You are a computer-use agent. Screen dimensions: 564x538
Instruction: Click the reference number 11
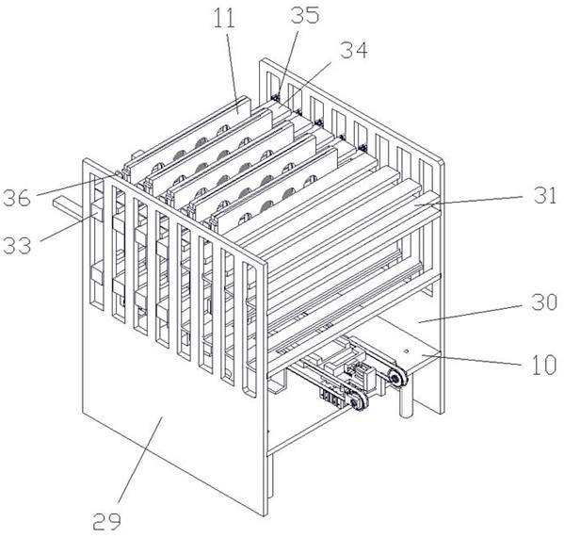click(224, 18)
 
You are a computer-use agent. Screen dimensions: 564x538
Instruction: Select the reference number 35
click(305, 15)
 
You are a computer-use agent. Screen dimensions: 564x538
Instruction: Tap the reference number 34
click(354, 50)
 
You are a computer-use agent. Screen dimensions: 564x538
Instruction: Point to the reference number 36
click(17, 198)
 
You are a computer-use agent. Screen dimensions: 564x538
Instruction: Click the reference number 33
click(17, 246)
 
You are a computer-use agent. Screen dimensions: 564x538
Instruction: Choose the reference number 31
click(545, 195)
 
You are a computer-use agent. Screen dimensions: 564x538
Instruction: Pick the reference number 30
click(544, 302)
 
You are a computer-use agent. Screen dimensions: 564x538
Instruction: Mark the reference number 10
click(544, 365)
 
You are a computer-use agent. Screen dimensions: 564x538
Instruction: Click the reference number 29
click(106, 520)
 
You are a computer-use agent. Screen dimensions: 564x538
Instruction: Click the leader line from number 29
click(140, 459)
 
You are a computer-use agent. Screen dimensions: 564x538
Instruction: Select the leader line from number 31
click(468, 200)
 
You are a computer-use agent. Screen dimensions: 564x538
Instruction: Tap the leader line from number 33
click(68, 228)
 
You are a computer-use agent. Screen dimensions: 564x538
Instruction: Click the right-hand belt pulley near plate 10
click(395, 378)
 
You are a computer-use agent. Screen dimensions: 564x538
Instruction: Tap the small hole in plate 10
click(406, 351)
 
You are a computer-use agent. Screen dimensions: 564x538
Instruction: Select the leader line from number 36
click(76, 186)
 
